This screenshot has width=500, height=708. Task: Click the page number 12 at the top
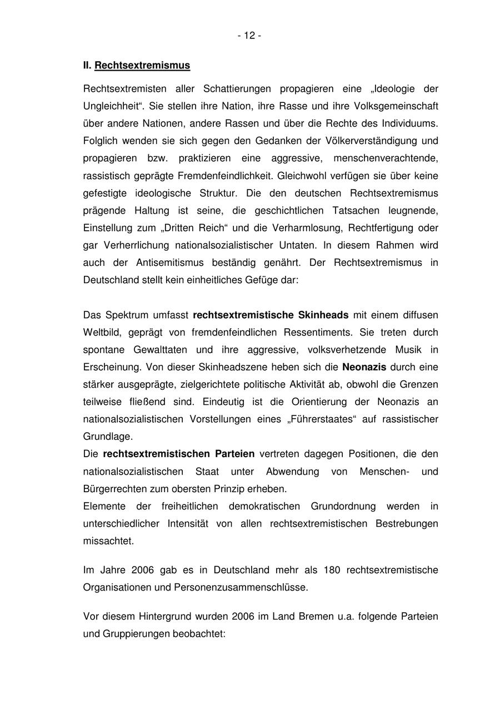click(x=249, y=36)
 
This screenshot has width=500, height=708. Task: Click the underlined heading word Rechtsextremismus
click(x=142, y=66)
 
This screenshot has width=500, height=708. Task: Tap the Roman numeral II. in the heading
click(x=87, y=66)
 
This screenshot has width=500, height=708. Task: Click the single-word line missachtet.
click(x=108, y=541)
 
